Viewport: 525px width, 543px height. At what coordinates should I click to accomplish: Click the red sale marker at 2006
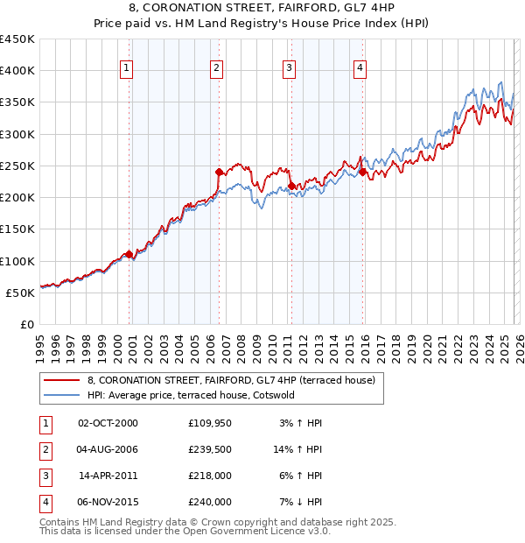point(219,173)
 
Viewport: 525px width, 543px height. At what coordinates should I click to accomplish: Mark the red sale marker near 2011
point(291,186)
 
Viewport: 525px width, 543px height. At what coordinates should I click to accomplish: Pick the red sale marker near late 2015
point(362,173)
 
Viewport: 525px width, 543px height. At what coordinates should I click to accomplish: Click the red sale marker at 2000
point(129,255)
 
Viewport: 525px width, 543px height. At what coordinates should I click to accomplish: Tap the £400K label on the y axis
point(17,71)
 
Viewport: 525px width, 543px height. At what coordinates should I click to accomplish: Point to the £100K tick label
point(17,261)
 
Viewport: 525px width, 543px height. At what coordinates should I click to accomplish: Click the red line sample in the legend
point(62,380)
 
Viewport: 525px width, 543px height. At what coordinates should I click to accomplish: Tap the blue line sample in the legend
point(62,395)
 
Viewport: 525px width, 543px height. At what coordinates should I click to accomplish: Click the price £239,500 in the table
point(210,450)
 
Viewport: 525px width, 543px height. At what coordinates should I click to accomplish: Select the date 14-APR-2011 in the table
point(108,476)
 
